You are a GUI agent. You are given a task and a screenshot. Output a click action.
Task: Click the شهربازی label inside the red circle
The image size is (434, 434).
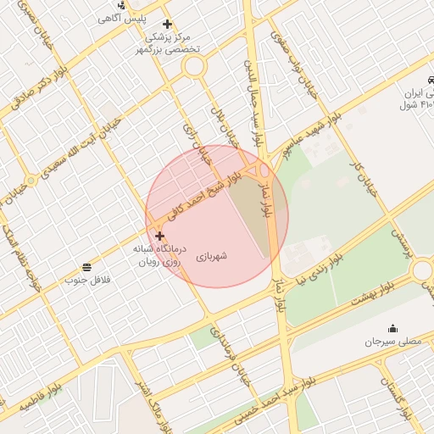(x=213, y=255)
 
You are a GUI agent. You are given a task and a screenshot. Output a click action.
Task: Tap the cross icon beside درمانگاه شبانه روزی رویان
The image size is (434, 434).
(x=159, y=236)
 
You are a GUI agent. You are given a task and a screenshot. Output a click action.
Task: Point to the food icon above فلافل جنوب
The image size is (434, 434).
(x=87, y=268)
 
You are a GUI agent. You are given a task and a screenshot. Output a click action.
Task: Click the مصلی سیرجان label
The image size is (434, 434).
(x=392, y=342)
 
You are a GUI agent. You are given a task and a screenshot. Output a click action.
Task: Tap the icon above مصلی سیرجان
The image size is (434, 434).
(x=392, y=329)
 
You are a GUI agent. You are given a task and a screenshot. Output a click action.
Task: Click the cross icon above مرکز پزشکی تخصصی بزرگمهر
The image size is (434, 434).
(x=167, y=24)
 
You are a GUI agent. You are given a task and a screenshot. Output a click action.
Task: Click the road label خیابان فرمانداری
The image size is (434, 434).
(x=233, y=356)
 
